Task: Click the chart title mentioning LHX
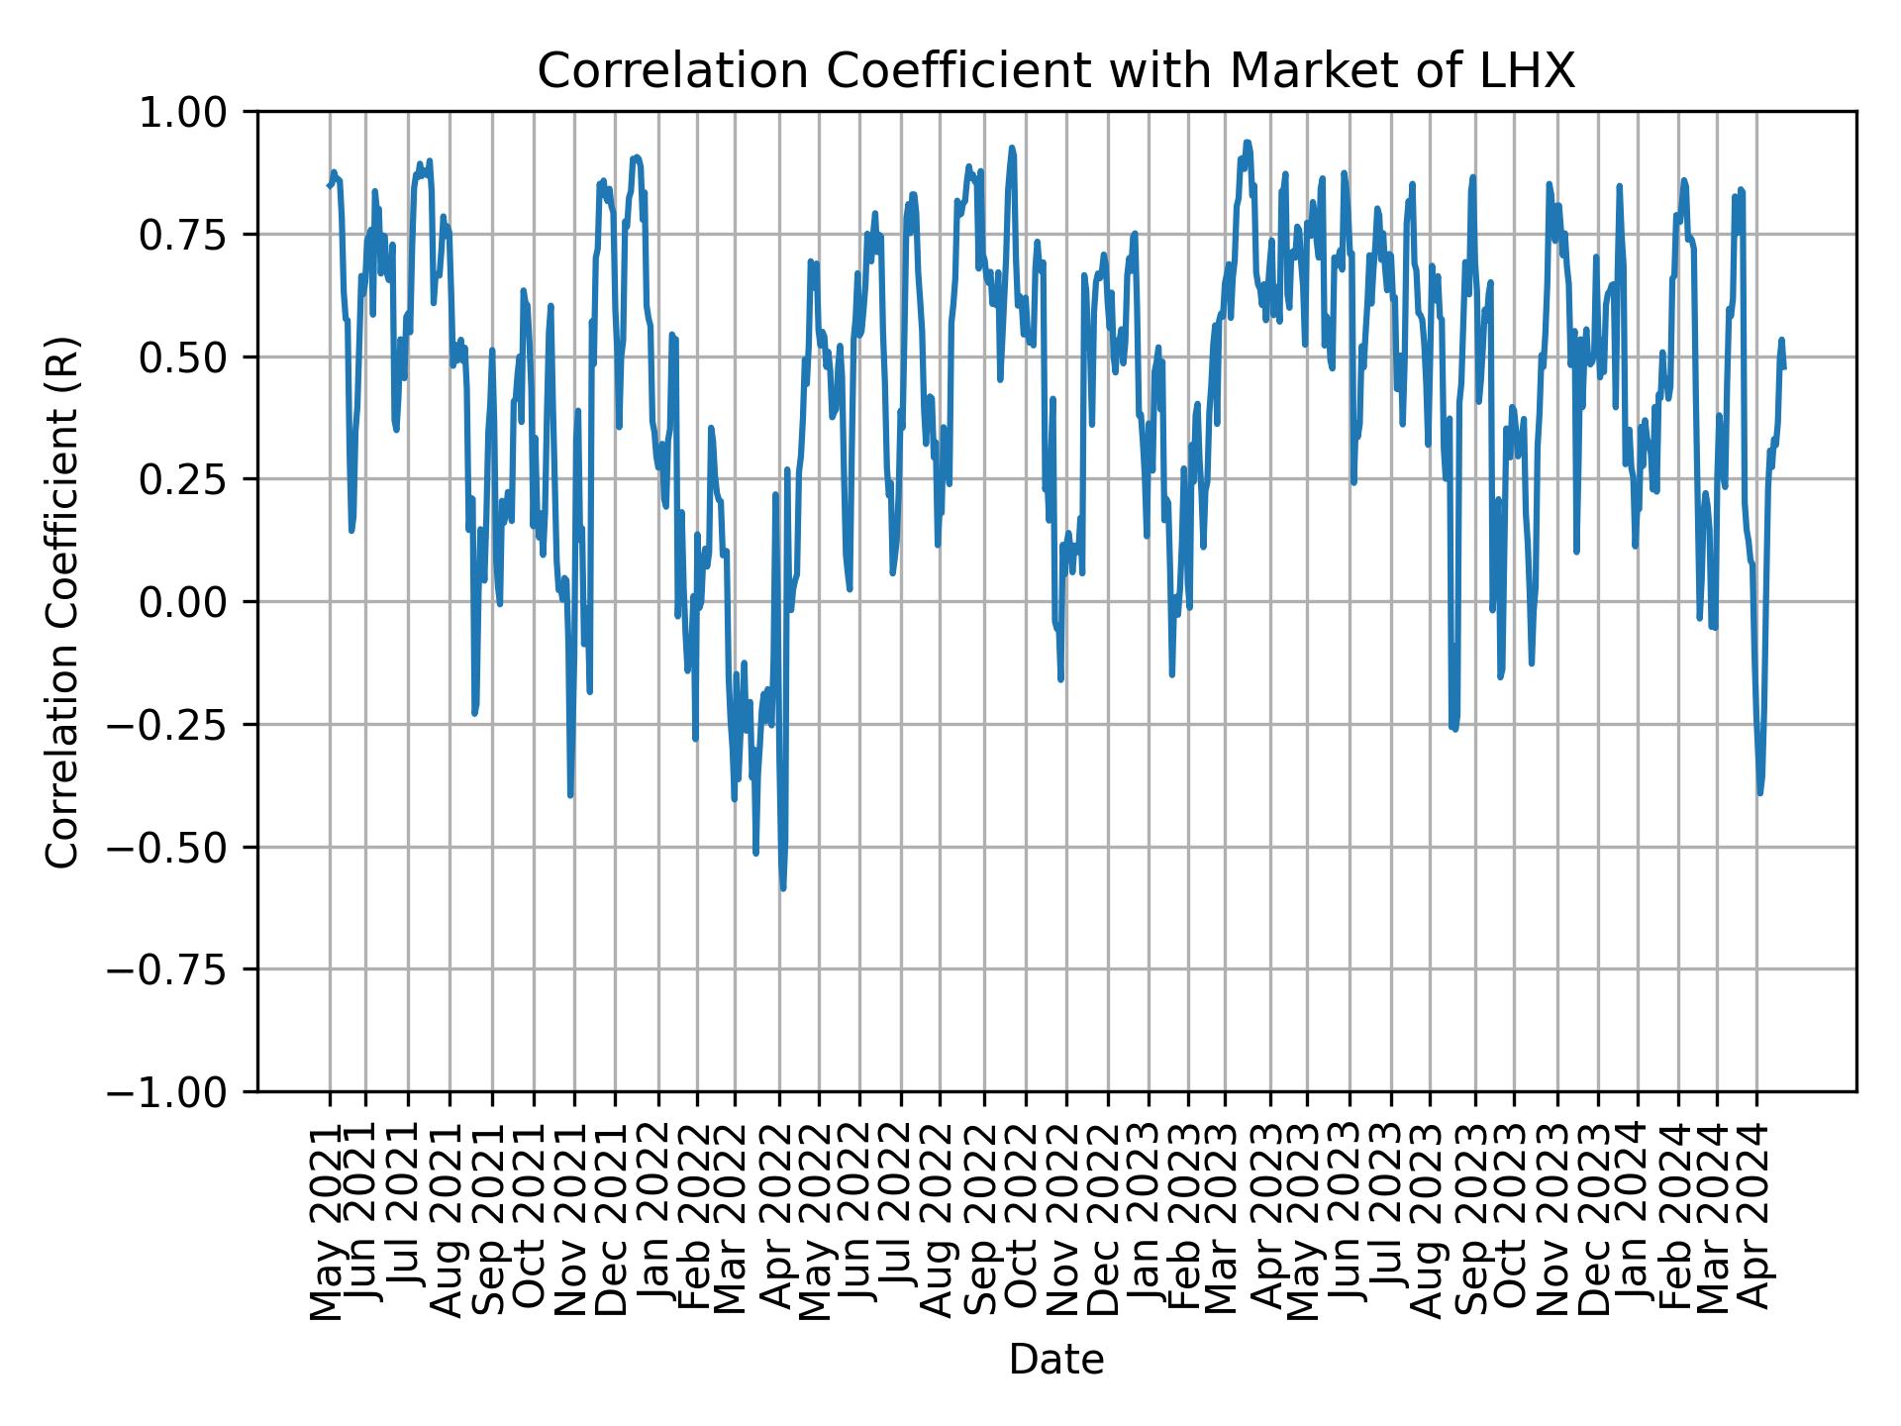pos(1055,71)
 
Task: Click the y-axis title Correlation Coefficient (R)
pos(61,601)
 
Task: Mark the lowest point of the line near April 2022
pos(782,888)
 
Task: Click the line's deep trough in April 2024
pos(1759,792)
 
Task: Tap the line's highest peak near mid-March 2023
pos(1247,142)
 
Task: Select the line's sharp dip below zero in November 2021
pos(570,794)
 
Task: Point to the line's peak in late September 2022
pos(1012,148)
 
